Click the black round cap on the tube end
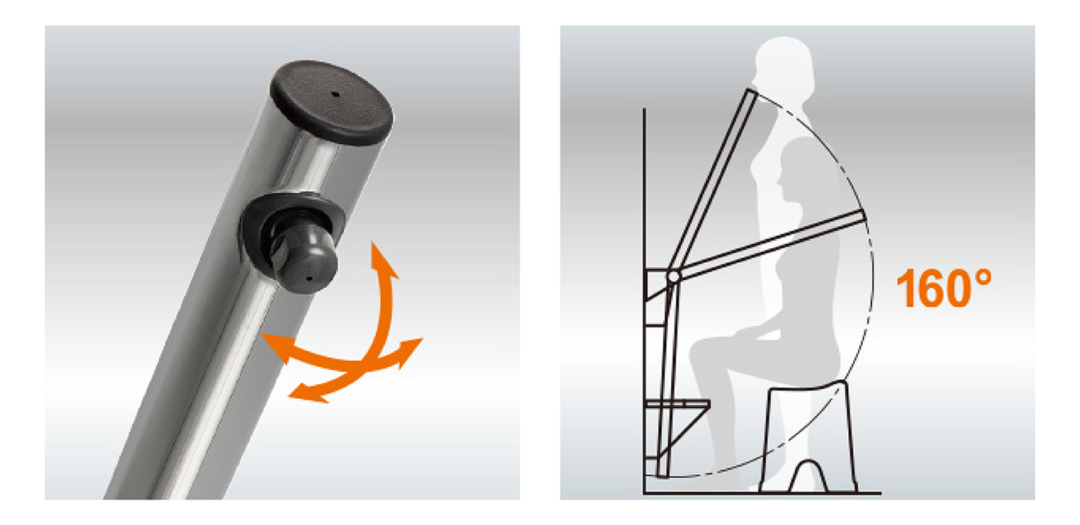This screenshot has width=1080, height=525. pos(332,102)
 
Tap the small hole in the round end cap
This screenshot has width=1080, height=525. pos(336,94)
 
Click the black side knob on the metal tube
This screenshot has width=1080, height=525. pos(292,242)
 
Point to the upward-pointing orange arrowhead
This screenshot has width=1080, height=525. pos(383,260)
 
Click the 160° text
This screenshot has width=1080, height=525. pos(943,287)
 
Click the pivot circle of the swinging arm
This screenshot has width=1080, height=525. pos(674,276)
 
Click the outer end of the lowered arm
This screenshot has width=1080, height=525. pos(864,216)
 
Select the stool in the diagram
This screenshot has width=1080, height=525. pos(807,437)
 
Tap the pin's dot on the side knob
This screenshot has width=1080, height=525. pos(310,278)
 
